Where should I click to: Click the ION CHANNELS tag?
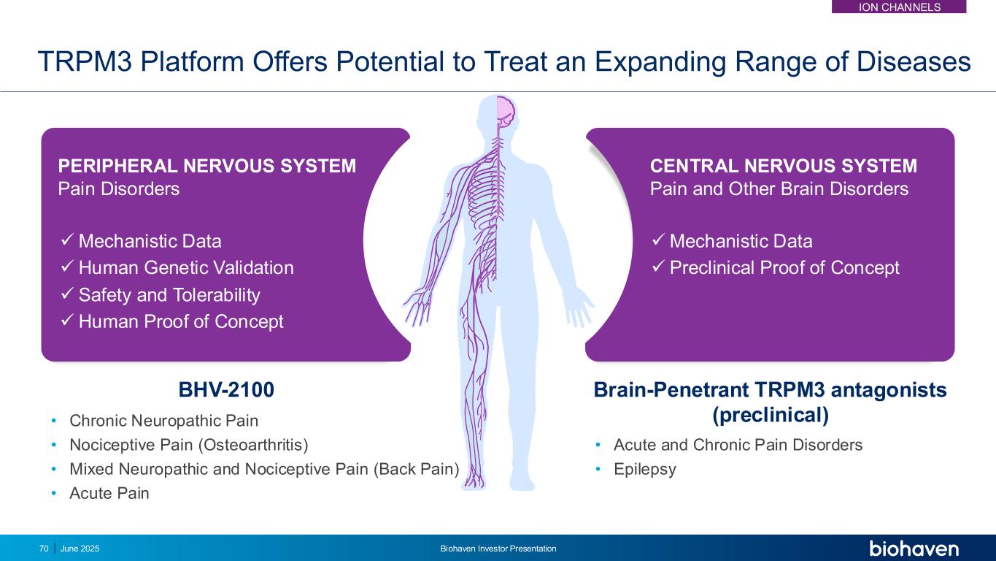tap(899, 7)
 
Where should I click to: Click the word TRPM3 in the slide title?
tap(85, 61)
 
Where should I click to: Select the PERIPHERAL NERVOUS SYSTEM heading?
tap(206, 166)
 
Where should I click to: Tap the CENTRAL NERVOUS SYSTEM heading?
tap(783, 166)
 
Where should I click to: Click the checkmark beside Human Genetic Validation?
tap(66, 267)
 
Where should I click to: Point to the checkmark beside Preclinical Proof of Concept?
tap(658, 267)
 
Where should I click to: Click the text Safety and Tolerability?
tap(169, 295)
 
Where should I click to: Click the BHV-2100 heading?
tap(226, 389)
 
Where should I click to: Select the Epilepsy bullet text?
tap(645, 469)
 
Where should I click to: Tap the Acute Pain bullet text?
tap(109, 493)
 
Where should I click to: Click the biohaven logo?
tap(914, 549)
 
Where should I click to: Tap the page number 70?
tap(44, 549)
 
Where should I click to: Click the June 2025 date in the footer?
tap(80, 549)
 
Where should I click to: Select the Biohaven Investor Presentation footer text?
tap(498, 549)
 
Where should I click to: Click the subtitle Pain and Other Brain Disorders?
tap(779, 188)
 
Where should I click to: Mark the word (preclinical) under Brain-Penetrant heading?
tap(771, 415)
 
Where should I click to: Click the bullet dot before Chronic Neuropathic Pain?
tap(54, 421)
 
